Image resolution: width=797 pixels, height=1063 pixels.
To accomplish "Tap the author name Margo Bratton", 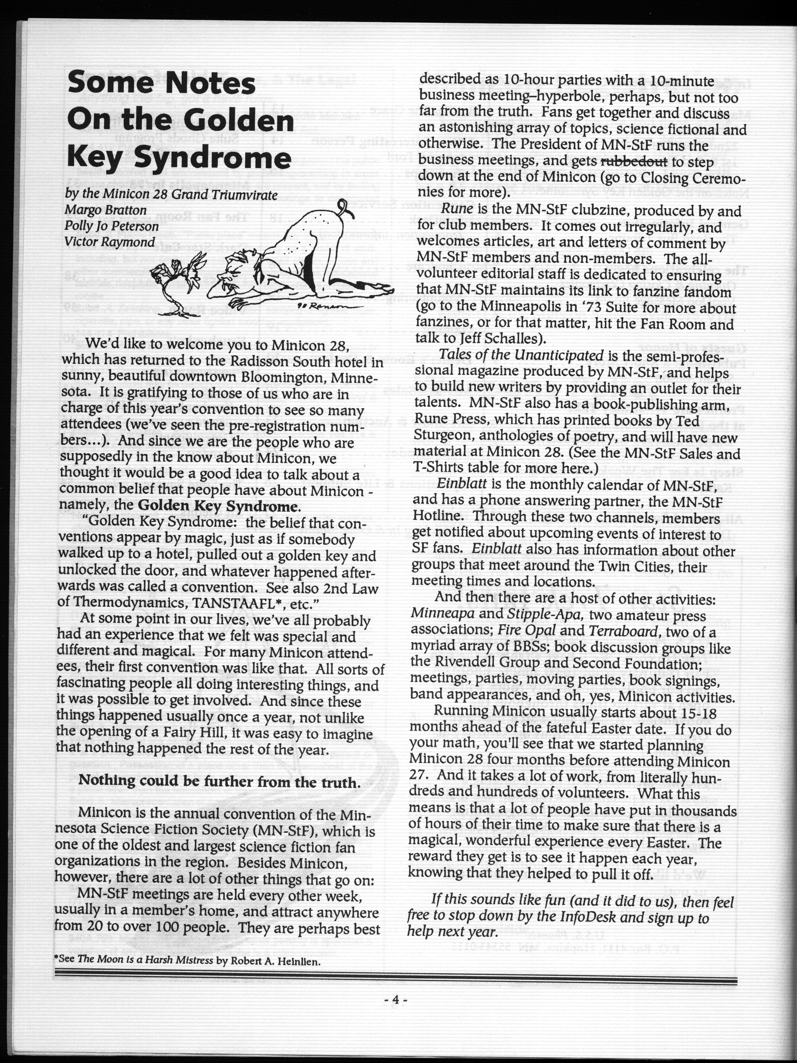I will (x=106, y=210).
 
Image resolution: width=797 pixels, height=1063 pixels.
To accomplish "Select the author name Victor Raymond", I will (x=110, y=241).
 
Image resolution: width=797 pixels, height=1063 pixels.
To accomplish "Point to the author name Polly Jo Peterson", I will (x=112, y=226).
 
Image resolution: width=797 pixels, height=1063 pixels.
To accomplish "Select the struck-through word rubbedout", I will (x=634, y=161).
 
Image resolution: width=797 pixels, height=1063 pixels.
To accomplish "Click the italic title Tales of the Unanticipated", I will (x=521, y=355).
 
